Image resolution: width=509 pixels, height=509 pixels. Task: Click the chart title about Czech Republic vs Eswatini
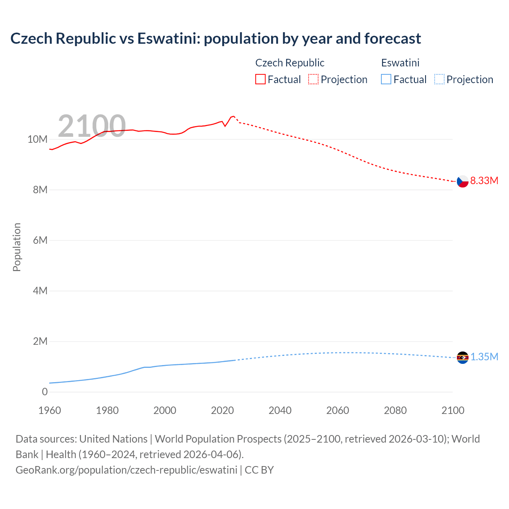pos(216,39)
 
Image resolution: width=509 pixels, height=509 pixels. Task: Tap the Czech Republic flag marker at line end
pos(462,181)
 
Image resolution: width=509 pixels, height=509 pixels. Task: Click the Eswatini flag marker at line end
pos(462,357)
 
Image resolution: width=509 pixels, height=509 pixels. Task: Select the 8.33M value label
pos(484,181)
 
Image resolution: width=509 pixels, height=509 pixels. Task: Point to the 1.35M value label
pos(484,357)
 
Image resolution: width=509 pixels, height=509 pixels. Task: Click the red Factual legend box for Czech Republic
pos(260,80)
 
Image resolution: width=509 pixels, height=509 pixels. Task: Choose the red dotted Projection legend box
pos(313,80)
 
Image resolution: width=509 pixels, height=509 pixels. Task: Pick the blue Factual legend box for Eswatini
pos(386,80)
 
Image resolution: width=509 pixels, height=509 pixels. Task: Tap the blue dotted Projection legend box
pos(439,80)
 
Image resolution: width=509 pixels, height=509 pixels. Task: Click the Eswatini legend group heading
pos(400,63)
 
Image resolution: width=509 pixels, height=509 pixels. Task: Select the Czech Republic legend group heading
pos(289,63)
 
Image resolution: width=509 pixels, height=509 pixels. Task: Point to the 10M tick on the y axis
pos(37,139)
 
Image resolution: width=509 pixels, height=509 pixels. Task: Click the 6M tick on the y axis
pos(40,240)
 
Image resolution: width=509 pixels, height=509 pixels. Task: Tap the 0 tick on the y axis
pos(45,392)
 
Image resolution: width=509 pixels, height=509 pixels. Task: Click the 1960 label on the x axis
pos(50,410)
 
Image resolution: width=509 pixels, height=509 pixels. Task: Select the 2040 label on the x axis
pos(280,410)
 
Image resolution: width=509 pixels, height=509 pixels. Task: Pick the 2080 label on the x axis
pos(395,410)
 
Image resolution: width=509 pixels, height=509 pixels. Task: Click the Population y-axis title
pos(17,247)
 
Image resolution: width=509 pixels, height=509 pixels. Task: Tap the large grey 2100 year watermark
pos(92,126)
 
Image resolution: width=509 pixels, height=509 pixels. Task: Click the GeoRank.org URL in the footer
pos(126,470)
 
